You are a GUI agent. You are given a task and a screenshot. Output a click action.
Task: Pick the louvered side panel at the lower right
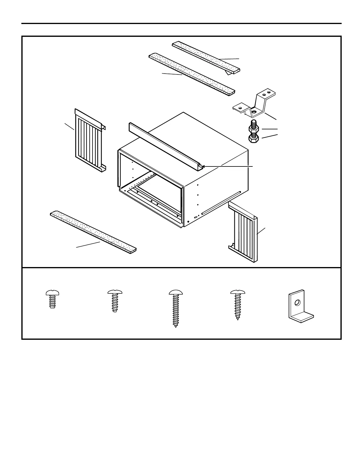[x=244, y=231]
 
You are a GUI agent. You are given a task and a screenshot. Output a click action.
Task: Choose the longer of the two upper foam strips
[x=192, y=74]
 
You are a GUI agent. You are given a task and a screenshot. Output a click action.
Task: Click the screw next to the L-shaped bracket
[x=238, y=304]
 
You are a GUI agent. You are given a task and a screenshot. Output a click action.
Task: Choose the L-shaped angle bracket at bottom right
[x=300, y=307]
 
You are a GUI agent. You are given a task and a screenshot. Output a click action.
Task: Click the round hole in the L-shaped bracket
[x=297, y=303]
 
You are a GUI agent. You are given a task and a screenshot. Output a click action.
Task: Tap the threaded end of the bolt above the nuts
[x=254, y=122]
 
